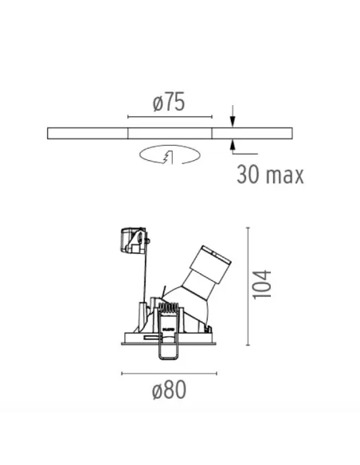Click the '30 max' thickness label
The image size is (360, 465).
(x=270, y=175)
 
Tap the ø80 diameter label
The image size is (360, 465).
(x=169, y=391)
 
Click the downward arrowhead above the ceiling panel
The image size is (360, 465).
(x=232, y=122)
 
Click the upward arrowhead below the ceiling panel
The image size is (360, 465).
(x=232, y=143)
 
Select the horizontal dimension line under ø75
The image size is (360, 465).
(x=169, y=115)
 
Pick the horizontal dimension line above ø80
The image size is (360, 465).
(x=169, y=373)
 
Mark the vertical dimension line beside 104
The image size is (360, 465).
(x=250, y=287)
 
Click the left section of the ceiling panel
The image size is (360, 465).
(x=88, y=132)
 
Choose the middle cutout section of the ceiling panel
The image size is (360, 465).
(x=170, y=132)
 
